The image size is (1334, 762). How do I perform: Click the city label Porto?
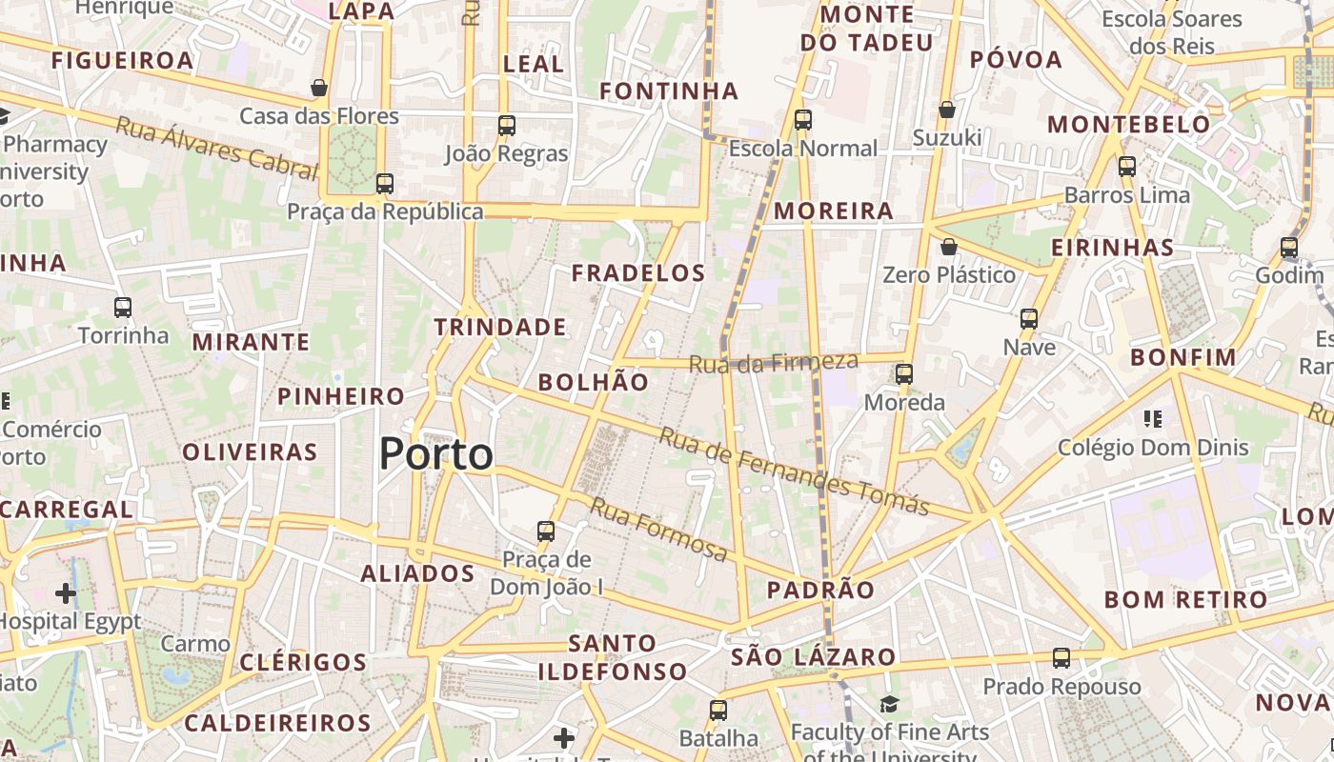pos(436,454)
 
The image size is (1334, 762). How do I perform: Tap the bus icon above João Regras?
pos(506,126)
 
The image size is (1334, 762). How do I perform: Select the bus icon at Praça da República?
pos(384,184)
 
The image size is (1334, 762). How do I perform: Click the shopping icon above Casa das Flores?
pos(319,89)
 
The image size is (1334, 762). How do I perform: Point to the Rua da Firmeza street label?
pos(773,363)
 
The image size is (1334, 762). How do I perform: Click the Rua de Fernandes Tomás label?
pos(793,472)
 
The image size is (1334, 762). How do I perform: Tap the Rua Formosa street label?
pos(658,529)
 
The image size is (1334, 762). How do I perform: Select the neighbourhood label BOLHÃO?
pos(593,382)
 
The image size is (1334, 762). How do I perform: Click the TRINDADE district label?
pos(500,328)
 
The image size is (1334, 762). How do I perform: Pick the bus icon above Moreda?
pos(903,374)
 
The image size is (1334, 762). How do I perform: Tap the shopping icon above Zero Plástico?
pos(948,248)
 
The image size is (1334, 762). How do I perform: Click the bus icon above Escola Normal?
pos(802,120)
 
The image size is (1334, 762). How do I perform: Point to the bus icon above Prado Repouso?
pos(1061,658)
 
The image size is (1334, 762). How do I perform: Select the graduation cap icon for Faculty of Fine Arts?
pos(888,704)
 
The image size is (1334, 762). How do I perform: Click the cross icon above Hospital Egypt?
pos(66,594)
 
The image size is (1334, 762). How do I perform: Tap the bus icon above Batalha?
pos(718,711)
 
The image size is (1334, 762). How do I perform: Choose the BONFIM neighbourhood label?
pos(1182,358)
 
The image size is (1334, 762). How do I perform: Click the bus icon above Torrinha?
pos(122,308)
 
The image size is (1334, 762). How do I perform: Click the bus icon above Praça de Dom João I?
pos(545,531)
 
